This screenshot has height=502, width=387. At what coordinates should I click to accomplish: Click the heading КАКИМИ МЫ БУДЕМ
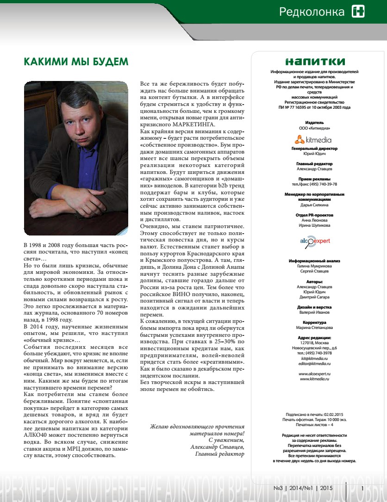pos(76,62)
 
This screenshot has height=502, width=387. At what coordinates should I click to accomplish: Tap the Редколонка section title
pos(312,12)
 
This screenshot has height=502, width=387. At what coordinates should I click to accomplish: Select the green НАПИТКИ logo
pos(315,62)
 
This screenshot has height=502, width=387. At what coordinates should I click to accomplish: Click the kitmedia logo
pos(315,140)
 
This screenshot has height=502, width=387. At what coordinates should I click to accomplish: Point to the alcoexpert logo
pos(315,242)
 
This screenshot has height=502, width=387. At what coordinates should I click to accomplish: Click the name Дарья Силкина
pos(315,205)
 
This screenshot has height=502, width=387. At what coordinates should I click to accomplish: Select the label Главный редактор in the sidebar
pos(314,164)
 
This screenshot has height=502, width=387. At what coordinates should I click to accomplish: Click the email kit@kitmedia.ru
pos(315,359)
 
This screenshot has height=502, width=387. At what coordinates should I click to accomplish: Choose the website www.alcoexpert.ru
pos(315,373)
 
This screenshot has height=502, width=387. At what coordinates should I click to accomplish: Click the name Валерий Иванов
pos(315,312)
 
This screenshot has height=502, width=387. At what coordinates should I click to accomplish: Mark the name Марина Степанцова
pos(315,328)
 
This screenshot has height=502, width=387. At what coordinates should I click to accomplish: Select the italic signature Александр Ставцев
pos(217,447)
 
